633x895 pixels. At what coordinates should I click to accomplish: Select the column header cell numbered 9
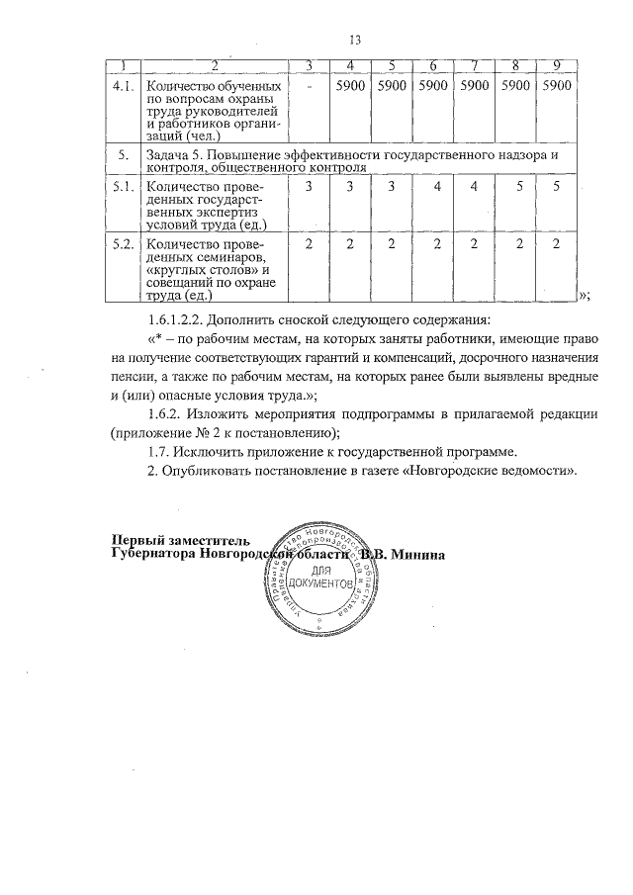[557, 66]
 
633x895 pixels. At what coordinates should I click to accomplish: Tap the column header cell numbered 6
[433, 66]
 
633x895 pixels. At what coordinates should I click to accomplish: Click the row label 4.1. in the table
[123, 86]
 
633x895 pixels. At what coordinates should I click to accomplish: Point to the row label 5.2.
[123, 244]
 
